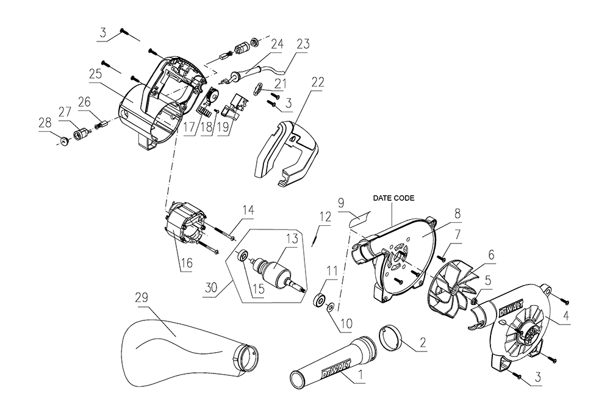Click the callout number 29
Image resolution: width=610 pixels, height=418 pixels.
tap(142, 297)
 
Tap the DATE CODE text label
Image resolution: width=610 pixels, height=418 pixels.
tap(394, 198)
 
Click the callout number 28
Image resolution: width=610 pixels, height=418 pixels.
tap(45, 123)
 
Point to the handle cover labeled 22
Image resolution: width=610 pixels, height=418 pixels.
tap(287, 153)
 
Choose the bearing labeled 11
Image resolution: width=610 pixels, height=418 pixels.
tap(318, 301)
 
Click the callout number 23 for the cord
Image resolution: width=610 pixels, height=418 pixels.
tap(304, 44)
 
